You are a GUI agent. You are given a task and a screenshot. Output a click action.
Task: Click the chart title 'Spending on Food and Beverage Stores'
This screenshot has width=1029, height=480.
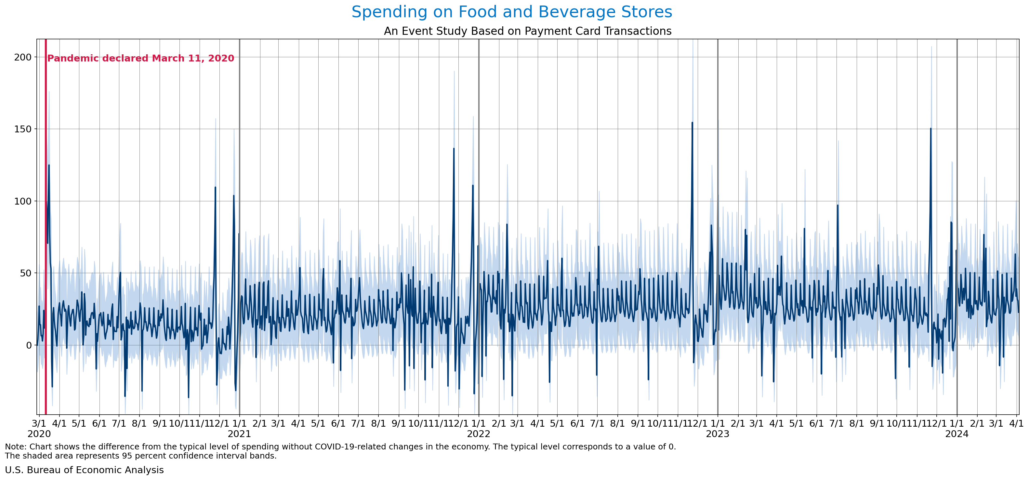pos(512,12)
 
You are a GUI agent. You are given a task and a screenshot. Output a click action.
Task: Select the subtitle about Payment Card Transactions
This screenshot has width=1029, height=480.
pos(527,31)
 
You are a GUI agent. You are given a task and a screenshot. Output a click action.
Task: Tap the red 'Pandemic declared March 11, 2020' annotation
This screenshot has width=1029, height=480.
pos(140,58)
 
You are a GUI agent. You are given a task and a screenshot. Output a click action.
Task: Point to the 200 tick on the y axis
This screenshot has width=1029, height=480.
pos(23,57)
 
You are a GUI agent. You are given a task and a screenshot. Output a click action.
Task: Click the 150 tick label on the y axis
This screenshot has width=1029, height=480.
pos(23,129)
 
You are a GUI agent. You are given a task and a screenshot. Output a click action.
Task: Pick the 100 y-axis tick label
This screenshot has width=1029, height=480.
pos(23,201)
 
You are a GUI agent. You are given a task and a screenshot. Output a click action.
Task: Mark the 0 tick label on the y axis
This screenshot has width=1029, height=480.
pos(28,345)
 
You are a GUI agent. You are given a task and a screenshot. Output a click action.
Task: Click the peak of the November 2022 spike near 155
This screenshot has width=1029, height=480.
pos(692,123)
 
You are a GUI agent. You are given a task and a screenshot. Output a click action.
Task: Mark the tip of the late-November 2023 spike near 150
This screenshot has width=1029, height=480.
pos(931,129)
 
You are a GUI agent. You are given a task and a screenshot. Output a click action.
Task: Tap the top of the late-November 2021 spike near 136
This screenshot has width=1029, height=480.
pos(454,149)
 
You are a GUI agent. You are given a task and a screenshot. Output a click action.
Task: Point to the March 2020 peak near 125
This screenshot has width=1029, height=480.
pos(49,165)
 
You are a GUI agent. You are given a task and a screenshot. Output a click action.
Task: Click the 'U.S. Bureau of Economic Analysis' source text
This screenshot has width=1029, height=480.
pos(84,470)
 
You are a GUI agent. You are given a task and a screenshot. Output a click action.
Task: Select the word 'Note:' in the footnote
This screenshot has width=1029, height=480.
pos(16,447)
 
